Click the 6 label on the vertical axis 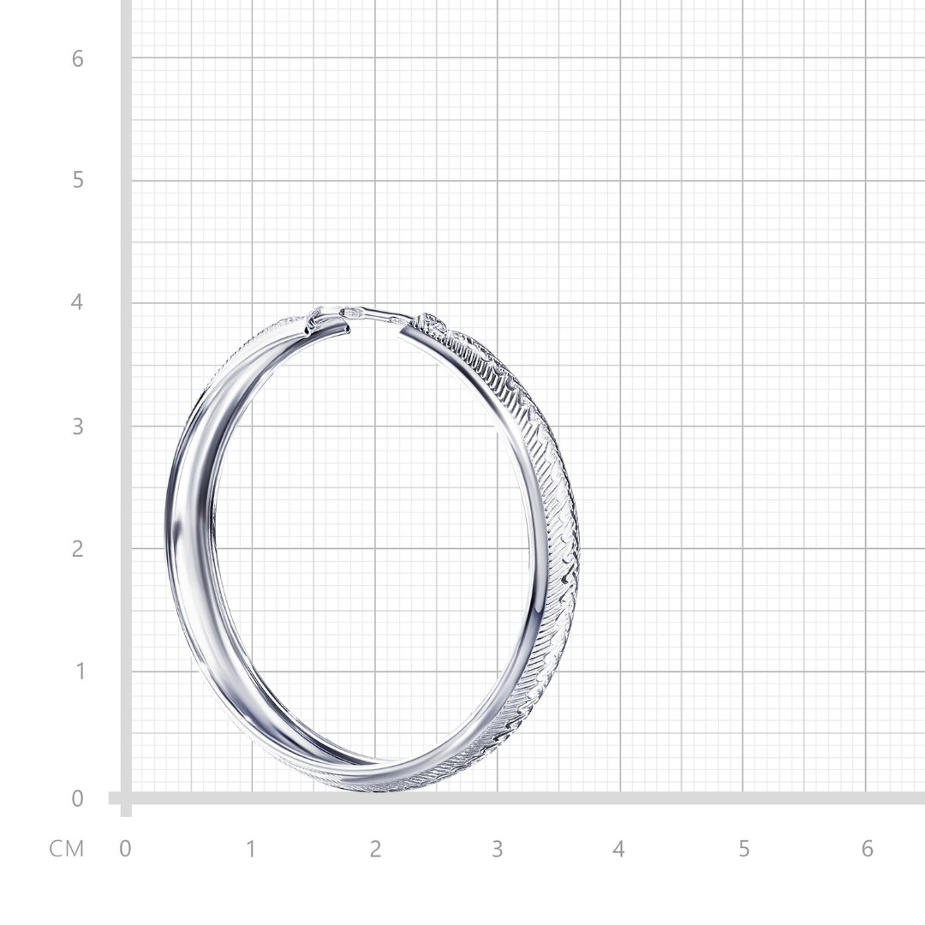77,59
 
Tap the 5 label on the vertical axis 78,180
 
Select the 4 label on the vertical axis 77,302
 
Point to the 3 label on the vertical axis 78,426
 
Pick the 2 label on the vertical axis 77,549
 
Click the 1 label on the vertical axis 78,671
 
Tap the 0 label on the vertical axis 77,798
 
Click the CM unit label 67,849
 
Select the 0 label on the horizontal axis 125,849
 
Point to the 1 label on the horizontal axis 251,849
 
